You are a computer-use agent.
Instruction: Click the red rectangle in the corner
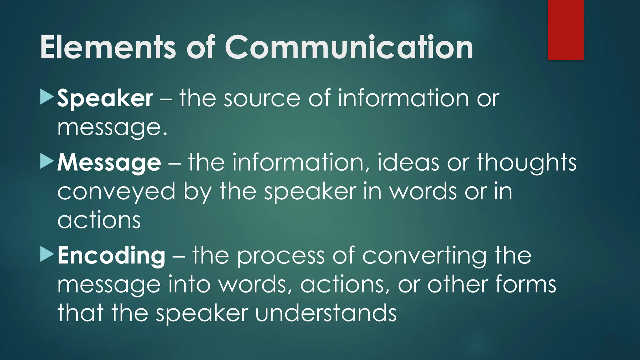click(566, 30)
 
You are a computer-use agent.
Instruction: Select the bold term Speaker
click(105, 99)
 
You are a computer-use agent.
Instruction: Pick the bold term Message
click(109, 163)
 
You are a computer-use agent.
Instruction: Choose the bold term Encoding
click(111, 256)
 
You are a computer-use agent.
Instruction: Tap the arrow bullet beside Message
click(47, 162)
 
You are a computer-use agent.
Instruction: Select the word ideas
click(408, 162)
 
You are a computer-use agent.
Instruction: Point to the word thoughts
click(527, 163)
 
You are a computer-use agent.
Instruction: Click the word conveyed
click(116, 192)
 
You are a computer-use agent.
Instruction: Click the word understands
click(326, 313)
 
